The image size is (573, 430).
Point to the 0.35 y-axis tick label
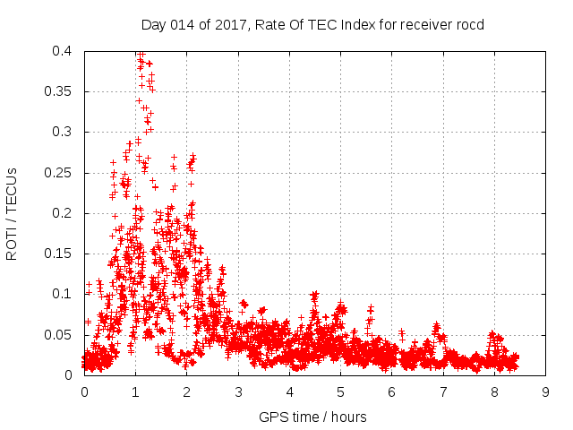(63, 91)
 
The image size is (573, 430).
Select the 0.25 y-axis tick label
(63, 173)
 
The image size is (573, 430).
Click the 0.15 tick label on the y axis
(63, 254)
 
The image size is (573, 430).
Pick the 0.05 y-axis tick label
(63, 334)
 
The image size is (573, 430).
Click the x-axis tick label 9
(546, 392)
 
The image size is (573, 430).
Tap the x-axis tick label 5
(341, 392)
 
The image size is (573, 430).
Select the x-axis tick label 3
(238, 392)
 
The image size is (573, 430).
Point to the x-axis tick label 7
(443, 392)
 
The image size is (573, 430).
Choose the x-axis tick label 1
(136, 392)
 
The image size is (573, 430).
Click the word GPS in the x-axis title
(272, 417)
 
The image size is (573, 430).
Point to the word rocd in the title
(469, 24)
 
